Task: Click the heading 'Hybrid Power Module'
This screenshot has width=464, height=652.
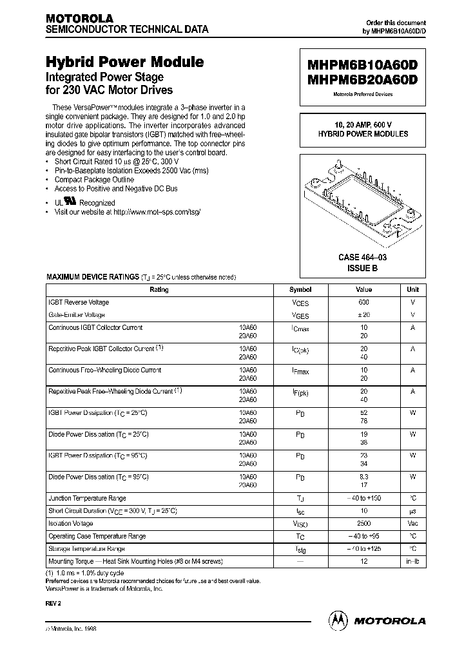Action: click(x=124, y=62)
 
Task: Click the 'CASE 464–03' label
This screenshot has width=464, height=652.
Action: click(x=363, y=258)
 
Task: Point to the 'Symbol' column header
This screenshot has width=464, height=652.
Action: click(x=300, y=290)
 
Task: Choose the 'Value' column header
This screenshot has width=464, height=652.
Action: click(x=363, y=290)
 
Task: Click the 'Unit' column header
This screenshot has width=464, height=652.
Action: click(x=413, y=290)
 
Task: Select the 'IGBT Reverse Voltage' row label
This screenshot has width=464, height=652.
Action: click(x=79, y=302)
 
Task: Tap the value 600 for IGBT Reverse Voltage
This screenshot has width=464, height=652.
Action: click(x=363, y=302)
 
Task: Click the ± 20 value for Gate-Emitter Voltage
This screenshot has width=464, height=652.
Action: click(x=363, y=315)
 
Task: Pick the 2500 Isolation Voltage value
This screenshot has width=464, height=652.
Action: click(x=363, y=524)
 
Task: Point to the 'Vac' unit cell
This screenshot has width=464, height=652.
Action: click(x=413, y=524)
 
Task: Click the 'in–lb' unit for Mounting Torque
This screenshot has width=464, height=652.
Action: click(x=413, y=562)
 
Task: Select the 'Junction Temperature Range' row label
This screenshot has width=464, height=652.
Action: click(x=87, y=498)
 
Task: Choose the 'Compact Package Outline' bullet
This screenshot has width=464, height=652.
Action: click(x=94, y=180)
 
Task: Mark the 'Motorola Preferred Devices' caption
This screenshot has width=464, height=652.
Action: click(x=363, y=94)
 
